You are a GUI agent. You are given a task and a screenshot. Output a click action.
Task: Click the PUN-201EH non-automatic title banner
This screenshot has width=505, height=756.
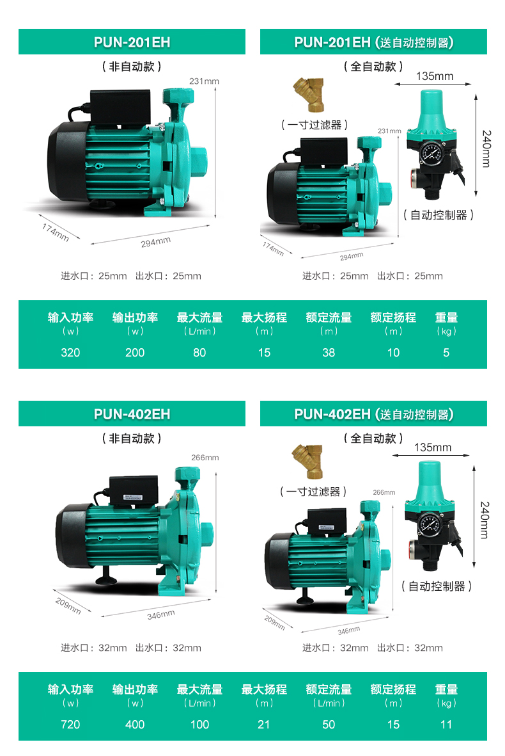(x=132, y=42)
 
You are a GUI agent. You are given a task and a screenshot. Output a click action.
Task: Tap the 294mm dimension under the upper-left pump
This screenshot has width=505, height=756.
(x=155, y=242)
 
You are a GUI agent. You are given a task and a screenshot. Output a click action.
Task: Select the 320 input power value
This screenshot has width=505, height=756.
(x=70, y=353)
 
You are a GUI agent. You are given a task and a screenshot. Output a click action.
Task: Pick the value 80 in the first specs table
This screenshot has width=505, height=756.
(x=199, y=353)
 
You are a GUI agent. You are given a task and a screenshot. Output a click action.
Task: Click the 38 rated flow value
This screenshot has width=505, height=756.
(x=329, y=353)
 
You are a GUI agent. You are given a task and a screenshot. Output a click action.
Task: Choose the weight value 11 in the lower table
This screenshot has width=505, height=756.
(x=446, y=724)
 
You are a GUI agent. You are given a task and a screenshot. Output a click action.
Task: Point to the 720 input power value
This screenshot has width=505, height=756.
(x=70, y=724)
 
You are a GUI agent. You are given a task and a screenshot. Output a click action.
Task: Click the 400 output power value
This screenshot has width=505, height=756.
(x=135, y=724)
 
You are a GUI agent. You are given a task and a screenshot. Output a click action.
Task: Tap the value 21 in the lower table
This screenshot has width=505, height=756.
(x=264, y=724)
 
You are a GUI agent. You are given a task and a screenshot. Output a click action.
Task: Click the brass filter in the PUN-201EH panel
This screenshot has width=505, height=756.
(x=309, y=95)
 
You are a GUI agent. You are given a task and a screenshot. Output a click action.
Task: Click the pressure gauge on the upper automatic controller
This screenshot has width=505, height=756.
(x=431, y=154)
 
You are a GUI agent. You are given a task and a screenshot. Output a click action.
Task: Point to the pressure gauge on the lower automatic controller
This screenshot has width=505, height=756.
(x=428, y=524)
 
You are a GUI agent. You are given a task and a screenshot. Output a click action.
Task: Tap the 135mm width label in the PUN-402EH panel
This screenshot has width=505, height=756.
(x=433, y=447)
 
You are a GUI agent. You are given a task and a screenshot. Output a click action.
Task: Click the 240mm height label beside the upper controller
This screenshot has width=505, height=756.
(x=486, y=149)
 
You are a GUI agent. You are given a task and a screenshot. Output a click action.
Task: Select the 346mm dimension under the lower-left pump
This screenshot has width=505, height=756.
(x=161, y=615)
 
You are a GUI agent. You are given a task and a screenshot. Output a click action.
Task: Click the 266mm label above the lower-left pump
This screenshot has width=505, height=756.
(x=205, y=457)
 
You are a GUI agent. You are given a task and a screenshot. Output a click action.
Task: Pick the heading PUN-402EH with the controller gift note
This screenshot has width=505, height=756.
(x=373, y=414)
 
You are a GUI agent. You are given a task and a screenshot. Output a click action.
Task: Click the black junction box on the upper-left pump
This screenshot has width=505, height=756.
(x=120, y=108)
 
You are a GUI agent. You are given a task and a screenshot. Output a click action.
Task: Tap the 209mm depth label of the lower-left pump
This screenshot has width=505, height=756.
(x=68, y=606)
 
